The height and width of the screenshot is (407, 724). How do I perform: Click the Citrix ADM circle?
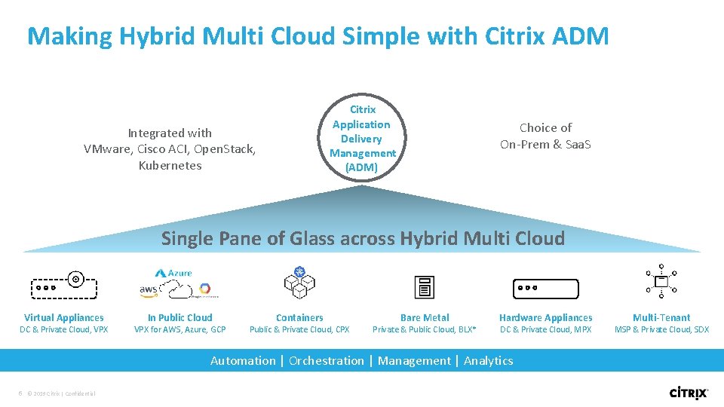(x=362, y=139)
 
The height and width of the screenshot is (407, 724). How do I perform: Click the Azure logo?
(x=174, y=273)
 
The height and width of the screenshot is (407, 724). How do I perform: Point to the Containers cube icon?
(x=299, y=283)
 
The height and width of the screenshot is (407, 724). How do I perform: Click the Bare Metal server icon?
(x=425, y=287)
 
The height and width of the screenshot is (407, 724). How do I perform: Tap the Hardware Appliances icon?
(x=545, y=288)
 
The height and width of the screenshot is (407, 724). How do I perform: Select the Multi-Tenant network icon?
(x=661, y=282)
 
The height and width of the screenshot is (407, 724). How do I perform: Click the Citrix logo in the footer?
(x=689, y=392)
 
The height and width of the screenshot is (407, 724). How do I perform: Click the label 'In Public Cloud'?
(x=179, y=318)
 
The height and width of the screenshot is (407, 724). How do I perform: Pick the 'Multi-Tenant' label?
(x=661, y=318)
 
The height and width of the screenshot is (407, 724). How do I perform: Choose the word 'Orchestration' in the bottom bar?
(x=326, y=361)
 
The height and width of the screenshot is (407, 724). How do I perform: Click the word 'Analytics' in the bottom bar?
(x=488, y=361)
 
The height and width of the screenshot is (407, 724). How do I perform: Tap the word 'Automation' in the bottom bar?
(x=243, y=361)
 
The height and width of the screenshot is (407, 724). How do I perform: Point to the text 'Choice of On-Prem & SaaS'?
(x=545, y=136)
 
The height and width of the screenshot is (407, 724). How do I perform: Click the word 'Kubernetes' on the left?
(x=170, y=166)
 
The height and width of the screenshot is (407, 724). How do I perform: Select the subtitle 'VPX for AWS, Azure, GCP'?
(x=179, y=329)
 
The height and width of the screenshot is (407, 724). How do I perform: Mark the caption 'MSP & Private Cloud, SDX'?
(x=661, y=329)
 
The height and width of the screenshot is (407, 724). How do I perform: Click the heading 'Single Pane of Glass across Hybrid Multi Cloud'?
(x=363, y=239)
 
